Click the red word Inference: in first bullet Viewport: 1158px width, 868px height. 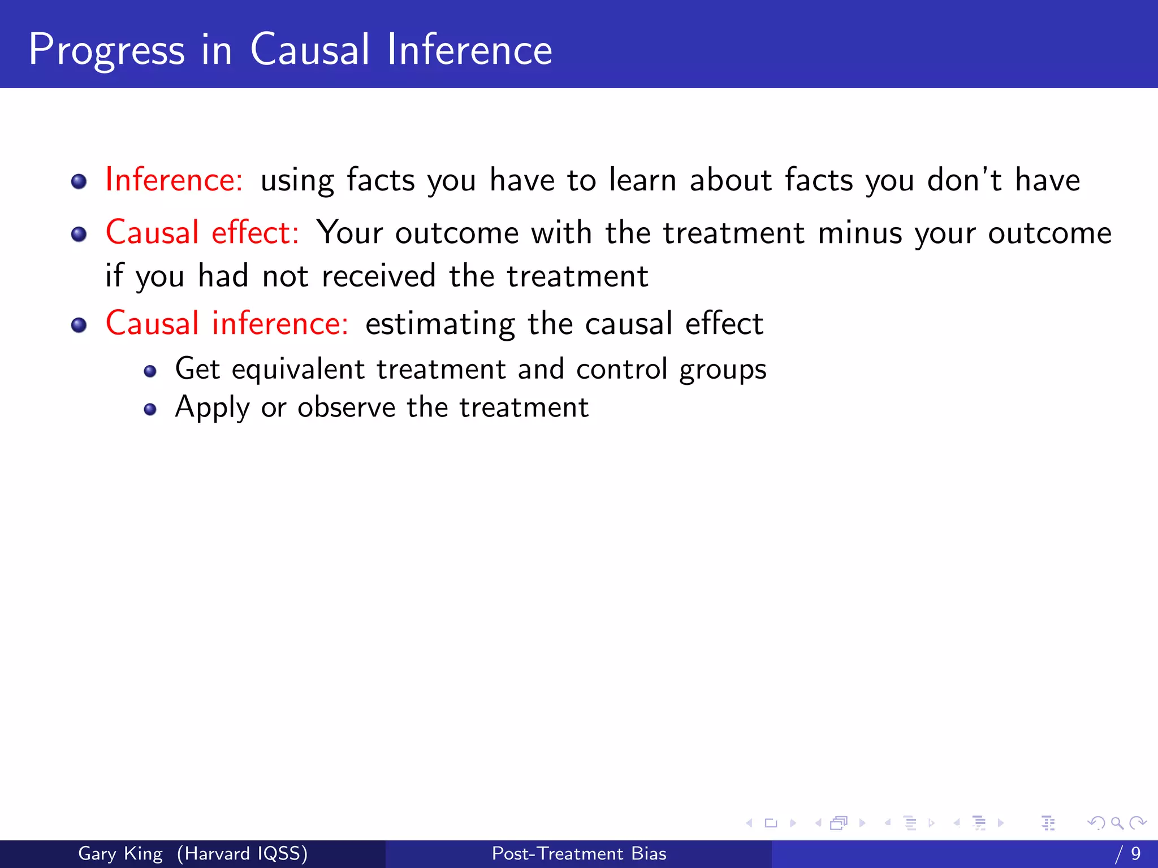tap(174, 180)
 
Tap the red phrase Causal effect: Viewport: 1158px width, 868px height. tap(202, 233)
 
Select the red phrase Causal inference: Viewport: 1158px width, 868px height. tap(227, 324)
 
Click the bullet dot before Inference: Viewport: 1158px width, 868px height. tap(79, 181)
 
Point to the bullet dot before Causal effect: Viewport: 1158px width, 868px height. tap(79, 234)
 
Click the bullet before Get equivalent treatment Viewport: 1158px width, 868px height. tap(150, 371)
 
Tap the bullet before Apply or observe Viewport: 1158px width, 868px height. tap(150, 409)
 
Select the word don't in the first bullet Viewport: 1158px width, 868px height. tap(964, 180)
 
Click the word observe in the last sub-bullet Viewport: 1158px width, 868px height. tap(346, 407)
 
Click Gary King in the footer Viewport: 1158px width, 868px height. tap(120, 853)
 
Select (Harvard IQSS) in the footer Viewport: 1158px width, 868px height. tap(242, 853)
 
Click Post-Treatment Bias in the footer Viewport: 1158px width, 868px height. tap(579, 853)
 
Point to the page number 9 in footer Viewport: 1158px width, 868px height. tap(1135, 853)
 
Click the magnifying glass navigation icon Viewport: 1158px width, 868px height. tap(1117, 823)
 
